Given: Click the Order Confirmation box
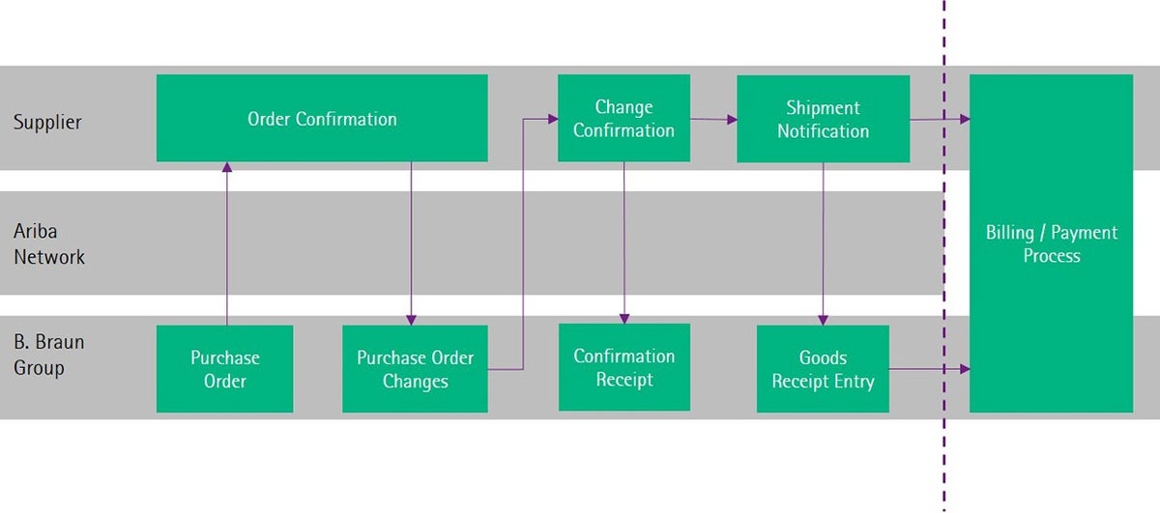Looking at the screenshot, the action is [322, 118].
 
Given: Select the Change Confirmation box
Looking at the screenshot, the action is [623, 118].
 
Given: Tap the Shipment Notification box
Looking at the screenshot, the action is [823, 119].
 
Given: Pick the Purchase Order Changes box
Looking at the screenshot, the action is [415, 369].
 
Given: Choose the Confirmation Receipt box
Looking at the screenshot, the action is [624, 367].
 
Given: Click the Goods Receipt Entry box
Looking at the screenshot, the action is [823, 369].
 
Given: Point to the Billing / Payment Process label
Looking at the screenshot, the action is [1052, 243].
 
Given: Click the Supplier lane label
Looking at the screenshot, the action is [47, 122].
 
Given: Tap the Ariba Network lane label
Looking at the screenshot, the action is [48, 243].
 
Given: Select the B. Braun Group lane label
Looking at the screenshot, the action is [48, 355].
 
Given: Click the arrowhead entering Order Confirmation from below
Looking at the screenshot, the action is [227, 167].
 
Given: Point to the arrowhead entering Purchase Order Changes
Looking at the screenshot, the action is [411, 320].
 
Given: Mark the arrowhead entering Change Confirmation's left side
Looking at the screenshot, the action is [553, 119].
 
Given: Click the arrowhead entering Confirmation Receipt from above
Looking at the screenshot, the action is [624, 319].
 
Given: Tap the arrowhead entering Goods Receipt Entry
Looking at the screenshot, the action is [823, 320].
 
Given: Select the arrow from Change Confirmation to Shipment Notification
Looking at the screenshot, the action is [713, 120].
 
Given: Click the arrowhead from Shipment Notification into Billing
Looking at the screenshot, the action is [965, 119].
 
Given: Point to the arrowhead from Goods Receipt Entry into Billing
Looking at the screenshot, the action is [965, 369].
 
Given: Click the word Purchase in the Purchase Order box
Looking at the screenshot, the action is [224, 357].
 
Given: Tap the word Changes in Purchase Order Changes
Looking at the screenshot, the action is [416, 382].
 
